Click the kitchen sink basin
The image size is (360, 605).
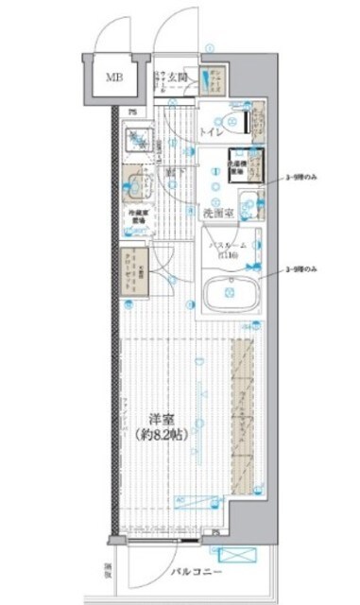138,183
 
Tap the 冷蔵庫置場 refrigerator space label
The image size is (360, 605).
138,219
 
